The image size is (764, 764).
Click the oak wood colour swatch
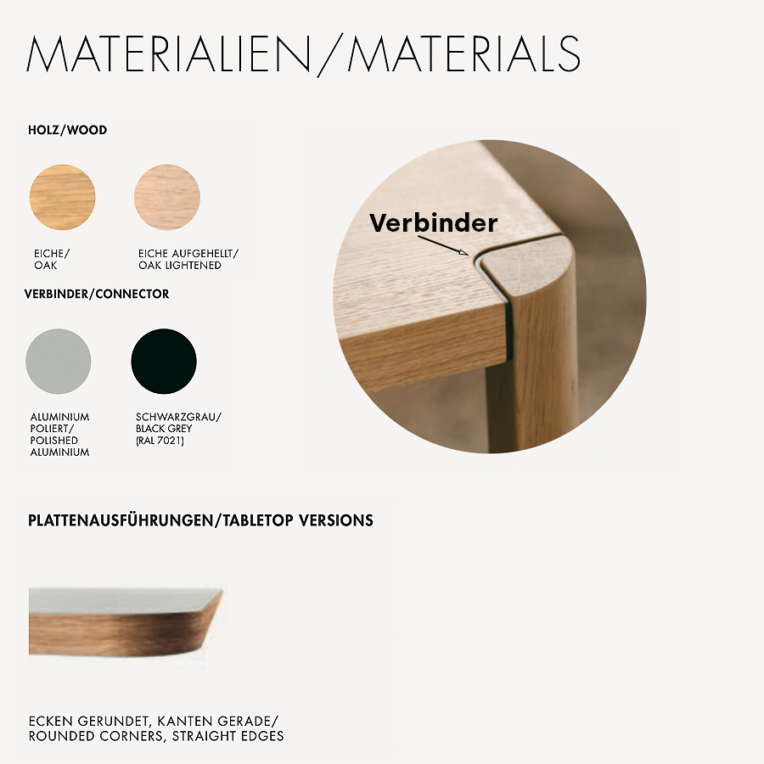(x=62, y=197)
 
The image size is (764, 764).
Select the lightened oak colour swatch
(x=167, y=197)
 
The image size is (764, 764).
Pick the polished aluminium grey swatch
(x=59, y=362)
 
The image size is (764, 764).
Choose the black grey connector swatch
(x=164, y=362)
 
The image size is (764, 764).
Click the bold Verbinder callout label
(x=433, y=223)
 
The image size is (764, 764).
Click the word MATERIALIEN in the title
(x=169, y=54)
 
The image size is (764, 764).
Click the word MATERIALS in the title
(x=463, y=54)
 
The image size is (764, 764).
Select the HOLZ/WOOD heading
(x=68, y=131)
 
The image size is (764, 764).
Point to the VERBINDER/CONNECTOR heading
(x=97, y=294)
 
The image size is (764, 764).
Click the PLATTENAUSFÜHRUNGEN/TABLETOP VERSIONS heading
(x=200, y=520)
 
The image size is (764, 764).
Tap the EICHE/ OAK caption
(x=46, y=259)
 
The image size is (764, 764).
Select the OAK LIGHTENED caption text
(x=180, y=265)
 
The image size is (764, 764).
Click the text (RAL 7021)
(x=160, y=441)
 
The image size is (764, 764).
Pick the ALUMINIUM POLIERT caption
(x=59, y=423)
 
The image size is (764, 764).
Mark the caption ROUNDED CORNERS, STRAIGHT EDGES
(x=156, y=736)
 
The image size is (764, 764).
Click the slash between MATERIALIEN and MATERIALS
(x=328, y=54)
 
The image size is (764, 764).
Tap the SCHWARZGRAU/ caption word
(x=178, y=417)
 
